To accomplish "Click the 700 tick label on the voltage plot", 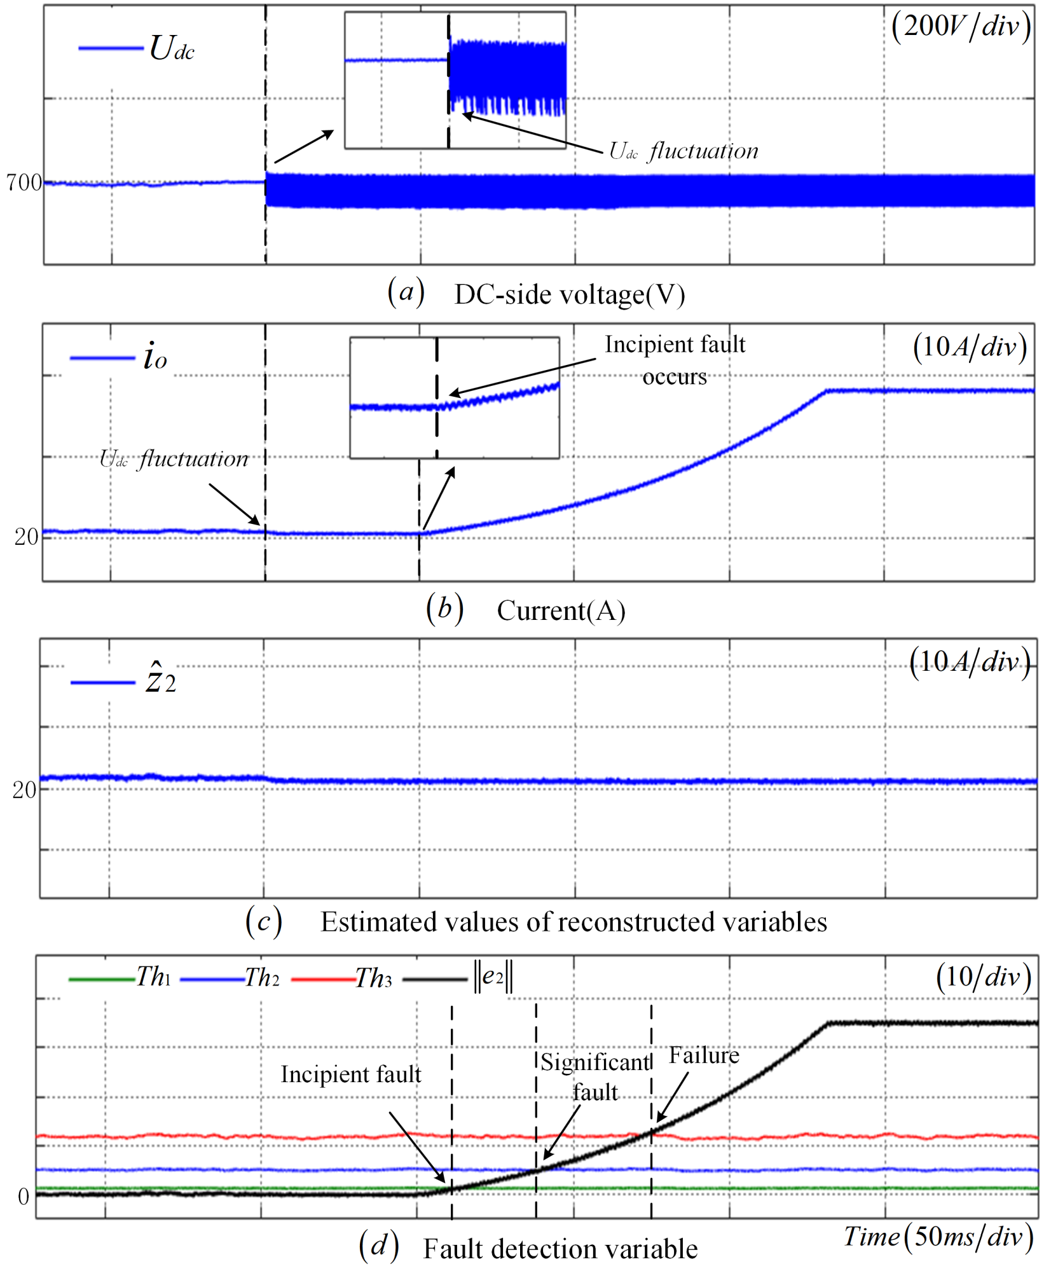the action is (x=24, y=182).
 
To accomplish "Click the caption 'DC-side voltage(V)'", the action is (x=570, y=295).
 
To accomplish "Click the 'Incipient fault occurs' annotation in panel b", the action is (x=675, y=361).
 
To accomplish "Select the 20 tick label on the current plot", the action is (x=26, y=537).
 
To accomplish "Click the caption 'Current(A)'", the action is (x=561, y=611).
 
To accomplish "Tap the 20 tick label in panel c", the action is (x=24, y=790).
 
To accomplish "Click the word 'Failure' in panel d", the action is (x=704, y=1056).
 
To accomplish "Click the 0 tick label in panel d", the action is (x=24, y=1197).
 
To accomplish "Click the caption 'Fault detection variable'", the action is (x=560, y=1249).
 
